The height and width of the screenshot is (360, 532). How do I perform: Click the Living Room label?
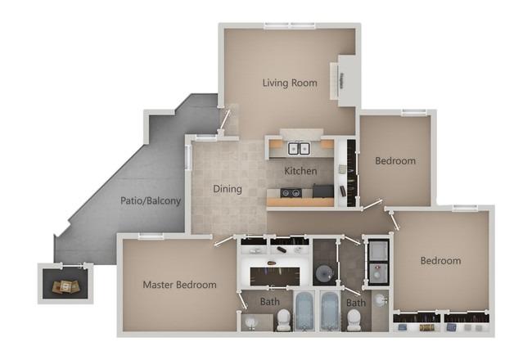click(x=290, y=83)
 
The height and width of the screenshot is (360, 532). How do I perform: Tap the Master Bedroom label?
click(x=179, y=285)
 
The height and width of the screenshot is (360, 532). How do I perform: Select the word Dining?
click(x=228, y=189)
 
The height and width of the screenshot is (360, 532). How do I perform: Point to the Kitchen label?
click(x=300, y=171)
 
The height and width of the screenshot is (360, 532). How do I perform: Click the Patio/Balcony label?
click(x=151, y=201)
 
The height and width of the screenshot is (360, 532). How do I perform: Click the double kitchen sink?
click(x=299, y=149)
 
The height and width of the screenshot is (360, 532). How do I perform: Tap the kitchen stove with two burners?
click(x=291, y=193)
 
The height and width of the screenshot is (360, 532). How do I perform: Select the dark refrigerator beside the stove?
click(x=323, y=191)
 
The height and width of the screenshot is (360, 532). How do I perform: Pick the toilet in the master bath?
click(x=284, y=320)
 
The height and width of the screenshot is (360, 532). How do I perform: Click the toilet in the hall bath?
click(x=354, y=321)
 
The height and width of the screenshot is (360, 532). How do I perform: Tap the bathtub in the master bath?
click(x=304, y=311)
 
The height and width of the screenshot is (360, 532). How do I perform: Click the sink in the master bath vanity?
click(x=252, y=322)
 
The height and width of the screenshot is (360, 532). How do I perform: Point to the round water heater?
click(x=324, y=272)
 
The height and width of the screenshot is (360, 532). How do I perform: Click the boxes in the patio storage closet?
click(x=67, y=287)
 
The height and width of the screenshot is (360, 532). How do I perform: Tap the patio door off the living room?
click(x=224, y=119)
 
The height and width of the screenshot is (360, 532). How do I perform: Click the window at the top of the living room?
click(x=290, y=25)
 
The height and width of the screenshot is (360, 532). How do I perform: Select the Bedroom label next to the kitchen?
click(x=395, y=161)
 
